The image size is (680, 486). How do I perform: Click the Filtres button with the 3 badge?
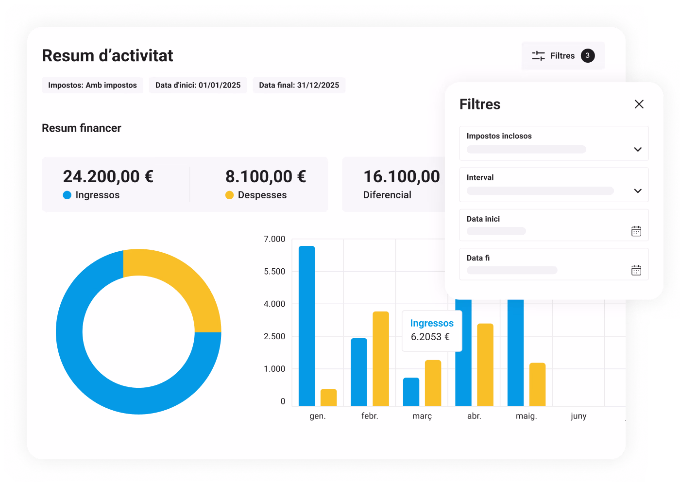(563, 55)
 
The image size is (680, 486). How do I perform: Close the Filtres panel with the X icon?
(639, 104)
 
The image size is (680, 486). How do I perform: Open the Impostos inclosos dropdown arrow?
(638, 149)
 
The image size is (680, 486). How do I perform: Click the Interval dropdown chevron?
(638, 191)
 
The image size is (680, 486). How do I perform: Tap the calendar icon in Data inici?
(636, 231)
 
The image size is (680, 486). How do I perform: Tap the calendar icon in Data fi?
(636, 270)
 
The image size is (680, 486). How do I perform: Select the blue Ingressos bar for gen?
(306, 326)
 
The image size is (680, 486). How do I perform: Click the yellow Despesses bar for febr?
(381, 359)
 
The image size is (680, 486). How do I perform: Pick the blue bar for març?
(411, 392)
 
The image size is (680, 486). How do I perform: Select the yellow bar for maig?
(537, 384)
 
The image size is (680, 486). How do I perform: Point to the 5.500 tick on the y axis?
(274, 271)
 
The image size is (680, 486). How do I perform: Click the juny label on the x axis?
(578, 416)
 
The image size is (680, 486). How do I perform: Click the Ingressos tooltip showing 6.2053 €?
(432, 330)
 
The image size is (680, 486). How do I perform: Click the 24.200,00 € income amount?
(108, 176)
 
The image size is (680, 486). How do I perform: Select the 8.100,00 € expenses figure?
(266, 176)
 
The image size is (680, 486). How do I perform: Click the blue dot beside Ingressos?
(67, 195)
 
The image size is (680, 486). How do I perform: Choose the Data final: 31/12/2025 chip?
(299, 85)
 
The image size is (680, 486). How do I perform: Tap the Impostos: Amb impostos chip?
(93, 85)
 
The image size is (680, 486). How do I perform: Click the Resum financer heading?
(82, 128)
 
